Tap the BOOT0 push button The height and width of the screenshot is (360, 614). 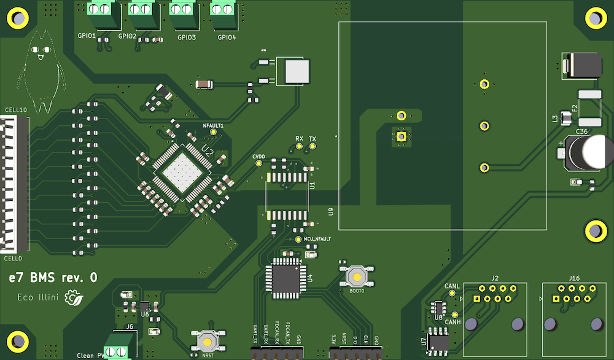[357, 276]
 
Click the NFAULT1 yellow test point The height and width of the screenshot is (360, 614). [213, 131]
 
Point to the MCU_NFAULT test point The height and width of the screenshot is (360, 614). [298, 239]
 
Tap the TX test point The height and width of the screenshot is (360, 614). [312, 147]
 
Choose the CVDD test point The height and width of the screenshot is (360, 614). [259, 164]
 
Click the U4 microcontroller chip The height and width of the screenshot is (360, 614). [284, 278]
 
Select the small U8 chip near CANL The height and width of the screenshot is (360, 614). [438, 307]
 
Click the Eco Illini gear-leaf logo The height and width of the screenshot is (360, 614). [75, 299]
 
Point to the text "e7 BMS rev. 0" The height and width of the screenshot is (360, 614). [52, 278]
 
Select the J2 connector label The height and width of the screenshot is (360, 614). [495, 278]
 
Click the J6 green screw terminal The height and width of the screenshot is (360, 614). [116, 345]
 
